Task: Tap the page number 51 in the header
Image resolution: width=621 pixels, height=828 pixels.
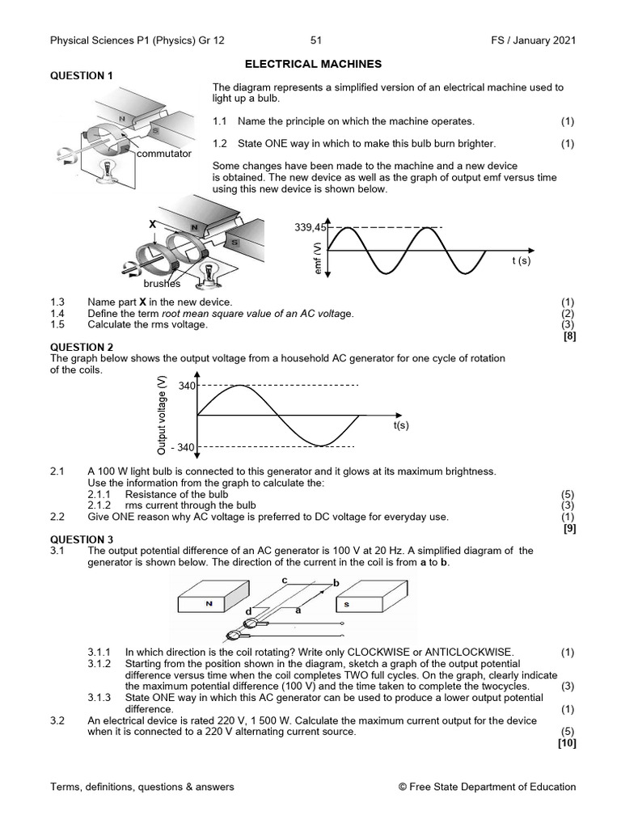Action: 315,40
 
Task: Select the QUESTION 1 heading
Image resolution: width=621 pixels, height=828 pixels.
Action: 82,75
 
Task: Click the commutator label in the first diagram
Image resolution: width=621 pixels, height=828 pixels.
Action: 164,153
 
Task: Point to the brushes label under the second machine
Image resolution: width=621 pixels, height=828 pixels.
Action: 163,284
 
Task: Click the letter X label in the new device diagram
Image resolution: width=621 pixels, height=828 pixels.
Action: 151,222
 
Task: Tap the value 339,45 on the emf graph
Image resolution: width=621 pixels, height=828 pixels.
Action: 310,228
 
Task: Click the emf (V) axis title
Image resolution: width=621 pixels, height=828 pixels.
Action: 318,257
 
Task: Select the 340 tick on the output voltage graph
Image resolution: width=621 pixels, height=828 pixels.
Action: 187,386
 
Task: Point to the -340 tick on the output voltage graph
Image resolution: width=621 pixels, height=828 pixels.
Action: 183,447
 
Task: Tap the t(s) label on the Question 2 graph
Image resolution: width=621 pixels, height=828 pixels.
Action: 401,425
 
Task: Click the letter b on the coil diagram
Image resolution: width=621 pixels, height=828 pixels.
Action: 336,582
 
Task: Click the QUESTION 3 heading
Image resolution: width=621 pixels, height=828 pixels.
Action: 82,539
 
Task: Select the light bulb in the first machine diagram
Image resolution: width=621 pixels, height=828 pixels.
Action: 103,168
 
